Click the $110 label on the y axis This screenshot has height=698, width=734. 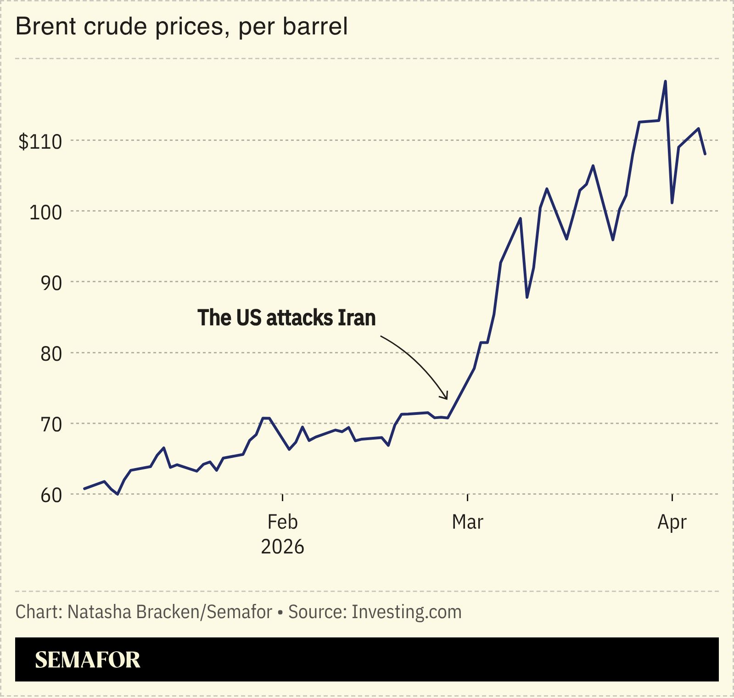(40, 142)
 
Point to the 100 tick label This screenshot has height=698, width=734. (45, 212)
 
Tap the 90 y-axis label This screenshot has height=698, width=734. (51, 283)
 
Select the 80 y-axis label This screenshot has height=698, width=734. (51, 354)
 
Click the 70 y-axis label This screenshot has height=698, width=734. (51, 424)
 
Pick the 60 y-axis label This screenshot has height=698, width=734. (51, 496)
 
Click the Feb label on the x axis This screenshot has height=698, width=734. (282, 522)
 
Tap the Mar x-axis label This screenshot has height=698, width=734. (467, 522)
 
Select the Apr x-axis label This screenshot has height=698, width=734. (672, 522)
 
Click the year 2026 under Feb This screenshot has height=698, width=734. (282, 547)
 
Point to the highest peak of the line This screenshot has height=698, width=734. (665, 82)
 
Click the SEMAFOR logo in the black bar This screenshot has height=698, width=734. (88, 659)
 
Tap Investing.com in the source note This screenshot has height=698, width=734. (406, 612)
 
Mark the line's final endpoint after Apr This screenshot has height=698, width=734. (705, 154)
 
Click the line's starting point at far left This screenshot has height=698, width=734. (84, 489)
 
